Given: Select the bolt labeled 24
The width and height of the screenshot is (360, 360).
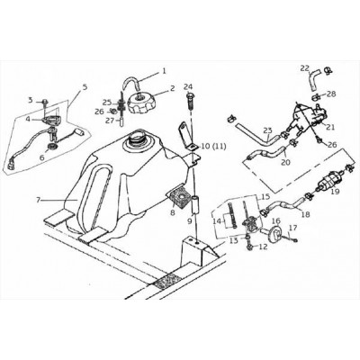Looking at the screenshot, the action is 189,101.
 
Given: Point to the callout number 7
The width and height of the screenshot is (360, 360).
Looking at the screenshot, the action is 38,200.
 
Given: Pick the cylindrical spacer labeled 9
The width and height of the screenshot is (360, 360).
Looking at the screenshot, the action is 195,204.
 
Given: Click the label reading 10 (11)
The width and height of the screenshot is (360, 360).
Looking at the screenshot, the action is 213,147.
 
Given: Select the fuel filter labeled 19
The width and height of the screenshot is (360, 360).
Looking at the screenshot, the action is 329,183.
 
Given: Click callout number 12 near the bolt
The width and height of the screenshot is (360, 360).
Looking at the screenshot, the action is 263,247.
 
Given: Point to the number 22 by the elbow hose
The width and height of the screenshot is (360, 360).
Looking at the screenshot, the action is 305,68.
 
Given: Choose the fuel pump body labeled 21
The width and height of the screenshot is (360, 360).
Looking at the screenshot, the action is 306,115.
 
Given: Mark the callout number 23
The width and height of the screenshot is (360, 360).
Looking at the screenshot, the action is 267,130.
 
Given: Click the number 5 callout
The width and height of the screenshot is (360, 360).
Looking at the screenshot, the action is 85,87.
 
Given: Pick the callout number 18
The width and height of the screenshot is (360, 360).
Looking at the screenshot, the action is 306,215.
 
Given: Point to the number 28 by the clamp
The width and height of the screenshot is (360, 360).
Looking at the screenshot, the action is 331,94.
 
